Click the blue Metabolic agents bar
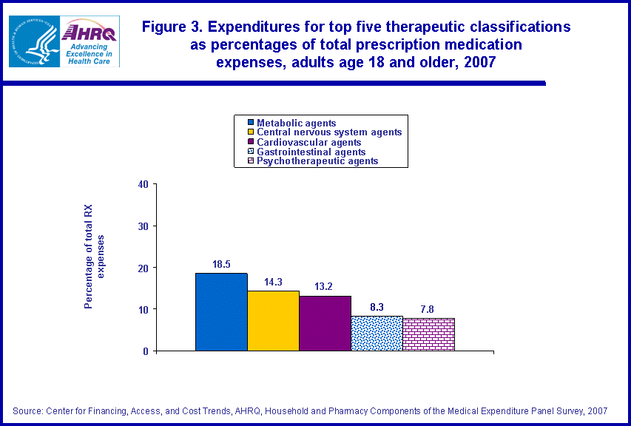[x=221, y=311]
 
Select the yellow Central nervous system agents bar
[x=273, y=320]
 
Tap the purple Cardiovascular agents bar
[x=325, y=322]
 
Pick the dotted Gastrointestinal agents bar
[x=377, y=333]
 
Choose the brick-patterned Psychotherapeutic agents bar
[x=428, y=334]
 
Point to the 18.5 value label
[x=221, y=263]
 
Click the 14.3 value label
[x=273, y=281]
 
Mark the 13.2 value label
[x=325, y=285]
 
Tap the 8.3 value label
[x=377, y=306]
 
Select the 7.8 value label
[x=428, y=308]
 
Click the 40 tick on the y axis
[x=144, y=184]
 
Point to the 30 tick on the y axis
[x=144, y=226]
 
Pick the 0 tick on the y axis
[x=146, y=351]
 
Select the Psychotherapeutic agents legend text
[x=317, y=160]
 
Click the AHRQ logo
[x=90, y=41]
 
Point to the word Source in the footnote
[x=27, y=410]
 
